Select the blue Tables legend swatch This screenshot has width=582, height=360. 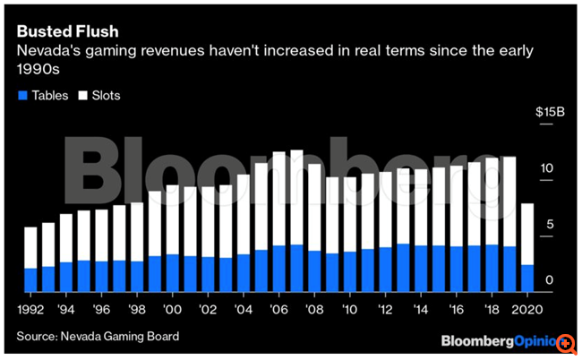[x=21, y=96]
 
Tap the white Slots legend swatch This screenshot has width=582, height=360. [x=81, y=96]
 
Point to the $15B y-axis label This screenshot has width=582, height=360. [x=549, y=112]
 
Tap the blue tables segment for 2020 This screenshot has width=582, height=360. [x=527, y=278]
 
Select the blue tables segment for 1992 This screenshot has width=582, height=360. [x=31, y=279]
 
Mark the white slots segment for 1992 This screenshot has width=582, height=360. [x=31, y=247]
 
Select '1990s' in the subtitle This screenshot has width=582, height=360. [x=39, y=72]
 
